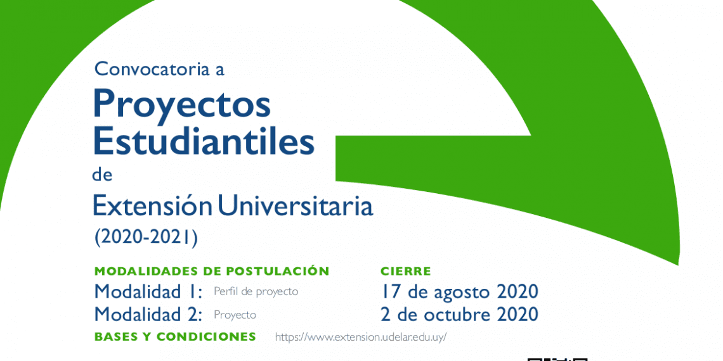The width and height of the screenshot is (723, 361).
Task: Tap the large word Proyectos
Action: click(x=181, y=105)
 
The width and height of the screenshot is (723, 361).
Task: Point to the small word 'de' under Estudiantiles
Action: click(x=102, y=175)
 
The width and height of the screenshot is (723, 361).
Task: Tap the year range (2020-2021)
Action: click(x=146, y=237)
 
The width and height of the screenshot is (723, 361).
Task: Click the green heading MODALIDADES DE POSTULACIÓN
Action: click(x=212, y=271)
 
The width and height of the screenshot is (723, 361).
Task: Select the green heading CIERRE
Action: click(x=406, y=271)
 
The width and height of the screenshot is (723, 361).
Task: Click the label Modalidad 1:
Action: click(x=148, y=291)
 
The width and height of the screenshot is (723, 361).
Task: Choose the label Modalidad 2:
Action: click(x=148, y=315)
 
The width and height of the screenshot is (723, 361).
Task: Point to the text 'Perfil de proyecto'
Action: click(x=256, y=292)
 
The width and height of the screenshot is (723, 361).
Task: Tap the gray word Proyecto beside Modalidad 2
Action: click(x=235, y=315)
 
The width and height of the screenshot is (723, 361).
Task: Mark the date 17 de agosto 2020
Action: click(x=459, y=291)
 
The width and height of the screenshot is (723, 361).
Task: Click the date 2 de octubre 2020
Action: click(x=459, y=315)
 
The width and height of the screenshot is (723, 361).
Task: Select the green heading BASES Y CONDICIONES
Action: click(x=175, y=336)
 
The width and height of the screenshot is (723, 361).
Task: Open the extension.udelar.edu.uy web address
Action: click(x=361, y=337)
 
